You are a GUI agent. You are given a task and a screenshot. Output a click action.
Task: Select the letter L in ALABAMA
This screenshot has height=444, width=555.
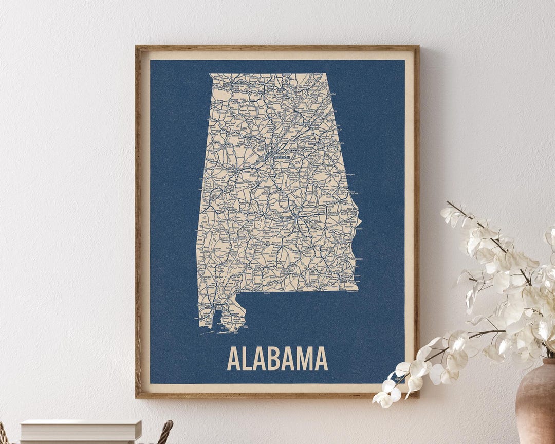247,359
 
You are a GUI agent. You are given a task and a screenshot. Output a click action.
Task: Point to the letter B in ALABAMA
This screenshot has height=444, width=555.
273,359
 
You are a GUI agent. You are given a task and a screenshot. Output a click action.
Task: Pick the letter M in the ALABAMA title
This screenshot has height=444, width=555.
303,359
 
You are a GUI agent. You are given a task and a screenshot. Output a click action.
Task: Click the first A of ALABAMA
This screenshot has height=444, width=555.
234,359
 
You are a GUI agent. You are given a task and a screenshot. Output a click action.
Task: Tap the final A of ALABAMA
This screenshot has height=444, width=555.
321,359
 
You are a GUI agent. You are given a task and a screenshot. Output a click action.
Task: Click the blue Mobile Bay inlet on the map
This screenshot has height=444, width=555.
218,319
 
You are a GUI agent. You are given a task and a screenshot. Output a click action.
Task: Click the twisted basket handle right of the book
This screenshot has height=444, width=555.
165,432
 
